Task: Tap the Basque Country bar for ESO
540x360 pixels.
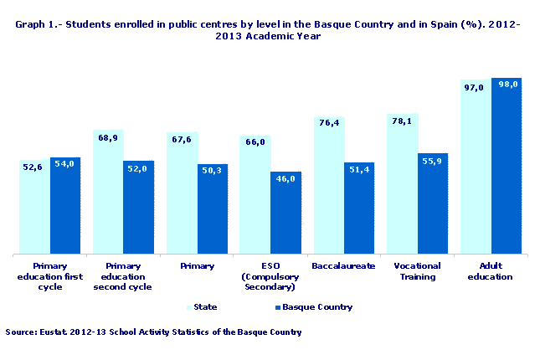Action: [285, 213]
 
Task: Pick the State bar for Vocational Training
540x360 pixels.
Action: [402, 184]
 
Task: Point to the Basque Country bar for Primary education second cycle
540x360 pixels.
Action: [138, 207]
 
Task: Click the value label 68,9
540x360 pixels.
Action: [107, 137]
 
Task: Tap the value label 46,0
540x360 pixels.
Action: [285, 178]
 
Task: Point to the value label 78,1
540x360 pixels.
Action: [402, 121]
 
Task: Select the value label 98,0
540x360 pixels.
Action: [507, 85]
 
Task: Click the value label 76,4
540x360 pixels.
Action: [328, 123]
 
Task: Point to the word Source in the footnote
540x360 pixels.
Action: [20, 332]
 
